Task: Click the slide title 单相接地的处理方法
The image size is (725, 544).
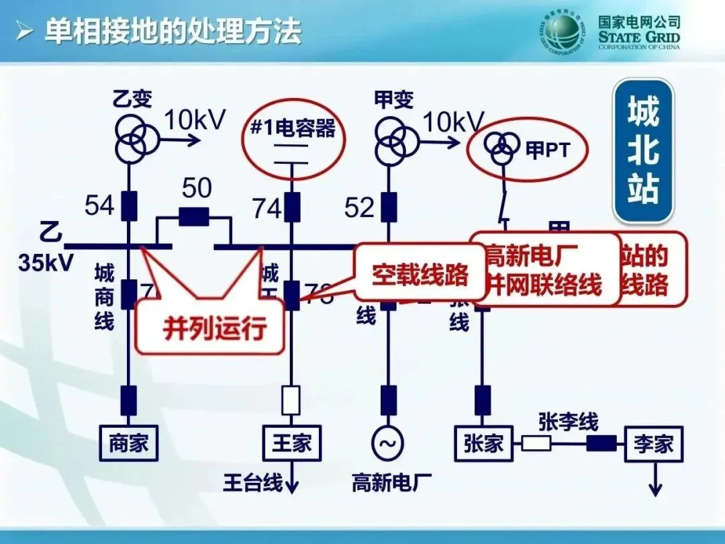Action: point(173,31)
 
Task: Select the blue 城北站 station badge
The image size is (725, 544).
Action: point(643,150)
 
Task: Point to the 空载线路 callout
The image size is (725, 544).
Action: point(420,275)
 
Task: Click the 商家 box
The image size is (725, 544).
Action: point(128,443)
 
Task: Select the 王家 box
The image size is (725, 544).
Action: point(291,443)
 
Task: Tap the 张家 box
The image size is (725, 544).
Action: point(483,443)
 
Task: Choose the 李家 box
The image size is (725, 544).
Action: point(653,443)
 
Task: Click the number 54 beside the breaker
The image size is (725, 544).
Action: point(99,206)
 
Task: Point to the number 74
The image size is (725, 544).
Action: point(267,209)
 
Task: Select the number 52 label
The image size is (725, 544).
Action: point(359,208)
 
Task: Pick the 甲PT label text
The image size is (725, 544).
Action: point(547,150)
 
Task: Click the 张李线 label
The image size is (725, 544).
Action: point(568,422)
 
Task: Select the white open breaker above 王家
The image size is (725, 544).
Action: point(291,400)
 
